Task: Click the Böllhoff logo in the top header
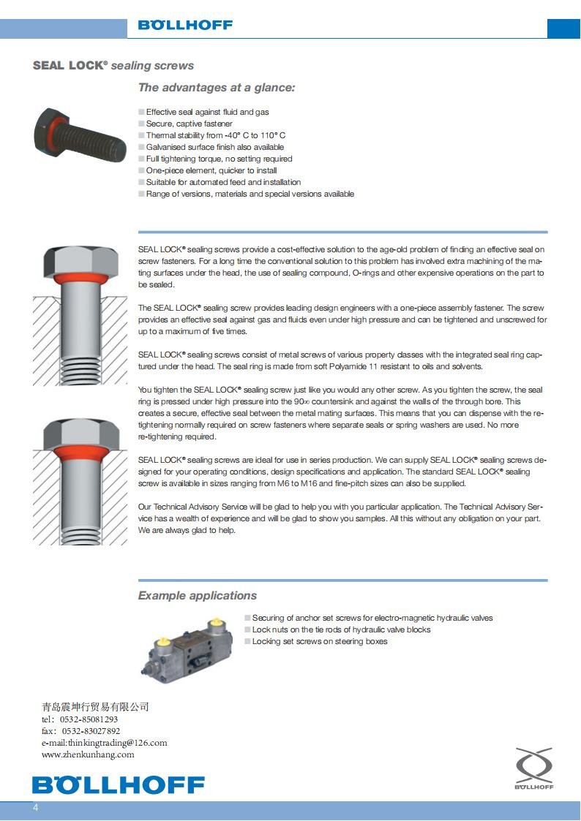tap(185, 25)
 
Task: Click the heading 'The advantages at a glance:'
tap(217, 88)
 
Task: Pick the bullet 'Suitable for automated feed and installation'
tap(223, 182)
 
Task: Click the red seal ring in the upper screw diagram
tap(80, 279)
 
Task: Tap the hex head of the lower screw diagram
tap(80, 436)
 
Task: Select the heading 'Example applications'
tap(198, 596)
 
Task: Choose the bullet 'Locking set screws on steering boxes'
tap(320, 641)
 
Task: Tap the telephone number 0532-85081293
tap(89, 719)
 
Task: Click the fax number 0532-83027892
tap(91, 731)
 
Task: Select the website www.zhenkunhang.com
tap(88, 754)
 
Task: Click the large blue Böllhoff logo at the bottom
tap(119, 785)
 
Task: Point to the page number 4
tap(34, 809)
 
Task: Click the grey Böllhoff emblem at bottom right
tap(533, 768)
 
